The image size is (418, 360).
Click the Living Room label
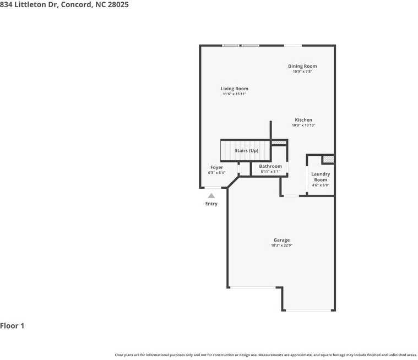click(235, 89)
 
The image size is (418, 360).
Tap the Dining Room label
click(302, 66)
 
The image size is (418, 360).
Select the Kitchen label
click(303, 120)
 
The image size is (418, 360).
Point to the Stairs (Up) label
click(246, 150)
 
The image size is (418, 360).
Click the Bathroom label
click(270, 166)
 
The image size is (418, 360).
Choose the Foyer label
click(216, 167)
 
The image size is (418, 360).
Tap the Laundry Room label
click(321, 177)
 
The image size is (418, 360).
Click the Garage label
click(281, 240)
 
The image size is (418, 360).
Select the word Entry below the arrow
click(211, 204)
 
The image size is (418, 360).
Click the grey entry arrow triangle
click(211, 195)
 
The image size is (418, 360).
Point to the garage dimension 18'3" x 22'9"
click(281, 246)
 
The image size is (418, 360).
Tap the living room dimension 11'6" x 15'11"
click(235, 94)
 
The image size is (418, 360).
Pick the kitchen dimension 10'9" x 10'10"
click(303, 126)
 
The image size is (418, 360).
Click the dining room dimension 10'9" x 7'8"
click(302, 72)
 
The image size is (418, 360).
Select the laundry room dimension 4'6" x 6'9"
click(321, 186)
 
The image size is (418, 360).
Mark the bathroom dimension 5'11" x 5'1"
click(270, 172)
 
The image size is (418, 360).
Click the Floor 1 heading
click(12, 326)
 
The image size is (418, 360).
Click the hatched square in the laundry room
click(328, 159)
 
